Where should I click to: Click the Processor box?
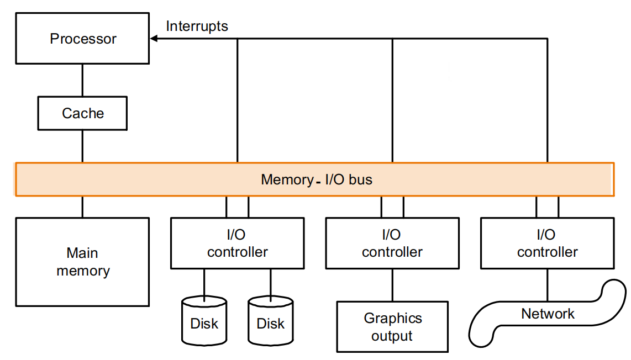[83, 39]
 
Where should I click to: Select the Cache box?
[83, 113]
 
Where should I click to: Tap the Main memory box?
[83, 262]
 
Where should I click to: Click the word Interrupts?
[197, 26]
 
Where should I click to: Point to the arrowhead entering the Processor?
[154, 39]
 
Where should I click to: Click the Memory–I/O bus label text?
[316, 179]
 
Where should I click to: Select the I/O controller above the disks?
[238, 243]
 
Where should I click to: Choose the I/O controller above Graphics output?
[392, 243]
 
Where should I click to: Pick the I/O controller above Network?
[547, 243]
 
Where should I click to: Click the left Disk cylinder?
[204, 321]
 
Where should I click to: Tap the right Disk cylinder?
[271, 321]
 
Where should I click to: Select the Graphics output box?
[392, 327]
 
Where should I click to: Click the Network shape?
[547, 315]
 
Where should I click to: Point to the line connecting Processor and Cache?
[83, 80]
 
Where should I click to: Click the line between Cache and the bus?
[83, 146]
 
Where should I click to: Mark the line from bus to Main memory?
[83, 207]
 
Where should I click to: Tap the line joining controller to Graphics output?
[392, 285]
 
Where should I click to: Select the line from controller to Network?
[547, 285]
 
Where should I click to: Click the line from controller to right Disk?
[271, 283]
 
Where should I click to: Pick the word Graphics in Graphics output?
[392, 319]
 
